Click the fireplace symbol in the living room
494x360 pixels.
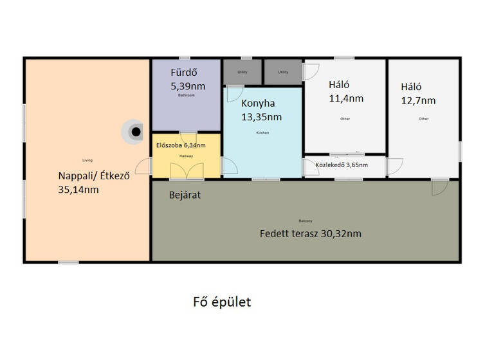(x=134, y=132)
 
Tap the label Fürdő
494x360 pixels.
(x=185, y=73)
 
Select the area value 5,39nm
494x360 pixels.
(x=188, y=85)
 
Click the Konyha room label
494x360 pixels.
(x=258, y=103)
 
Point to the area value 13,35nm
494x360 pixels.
(x=261, y=116)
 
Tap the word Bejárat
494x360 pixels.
(x=185, y=194)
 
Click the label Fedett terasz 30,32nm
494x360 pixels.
(x=310, y=233)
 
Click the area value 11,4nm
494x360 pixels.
(x=346, y=98)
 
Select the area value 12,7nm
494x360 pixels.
(x=418, y=100)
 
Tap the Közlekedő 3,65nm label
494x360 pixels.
(x=342, y=165)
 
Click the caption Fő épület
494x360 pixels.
(x=222, y=302)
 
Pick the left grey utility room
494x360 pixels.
(x=242, y=72)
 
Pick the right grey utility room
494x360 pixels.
(x=282, y=72)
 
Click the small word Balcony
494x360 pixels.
(x=305, y=220)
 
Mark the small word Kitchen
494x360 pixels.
(x=262, y=132)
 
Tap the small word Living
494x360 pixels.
(x=87, y=160)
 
